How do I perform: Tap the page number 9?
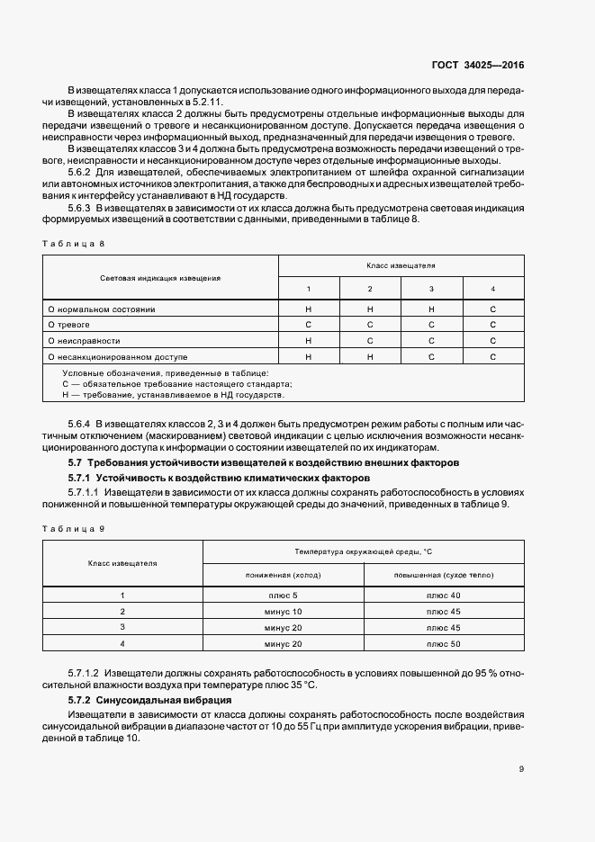coord(521,769)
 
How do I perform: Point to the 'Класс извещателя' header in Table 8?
coord(401,266)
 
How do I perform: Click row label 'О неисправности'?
coord(84,341)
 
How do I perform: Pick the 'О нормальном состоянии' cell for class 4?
coord(492,309)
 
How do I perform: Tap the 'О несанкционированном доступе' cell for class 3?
coord(431,357)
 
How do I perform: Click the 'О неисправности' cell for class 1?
coord(309,341)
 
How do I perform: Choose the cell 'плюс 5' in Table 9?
coord(284,596)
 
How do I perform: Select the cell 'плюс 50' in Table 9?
coord(444,644)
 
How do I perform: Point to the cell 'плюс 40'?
coord(444,596)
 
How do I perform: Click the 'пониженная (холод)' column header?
coord(284,574)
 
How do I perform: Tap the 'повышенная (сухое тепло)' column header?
coord(444,574)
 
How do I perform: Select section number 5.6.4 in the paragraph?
coord(81,423)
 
